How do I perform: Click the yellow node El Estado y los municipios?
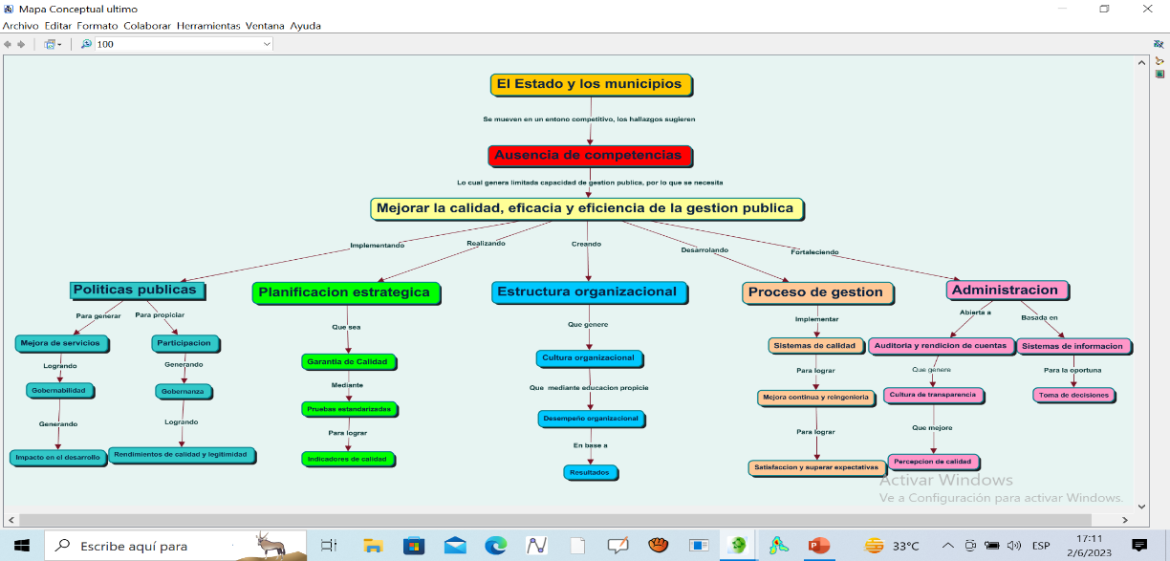point(590,84)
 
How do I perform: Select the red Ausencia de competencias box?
point(589,155)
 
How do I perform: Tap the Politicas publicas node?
point(136,290)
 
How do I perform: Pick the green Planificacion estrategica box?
point(345,292)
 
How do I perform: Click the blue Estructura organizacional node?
point(587,292)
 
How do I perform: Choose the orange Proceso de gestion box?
point(816,292)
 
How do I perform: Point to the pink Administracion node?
point(1006,290)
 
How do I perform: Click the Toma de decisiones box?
point(1072,395)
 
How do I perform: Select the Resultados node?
point(590,472)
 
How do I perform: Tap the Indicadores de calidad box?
point(347,459)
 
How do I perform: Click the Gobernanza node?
point(184,391)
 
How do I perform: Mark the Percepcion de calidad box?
point(932,462)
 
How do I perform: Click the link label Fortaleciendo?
point(814,252)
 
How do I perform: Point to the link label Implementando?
point(377,246)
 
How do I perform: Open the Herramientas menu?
point(207,26)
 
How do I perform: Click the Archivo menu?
point(20,26)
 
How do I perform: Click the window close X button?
point(1147,9)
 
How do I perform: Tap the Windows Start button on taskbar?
point(21,546)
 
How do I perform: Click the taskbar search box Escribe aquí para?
point(134,546)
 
